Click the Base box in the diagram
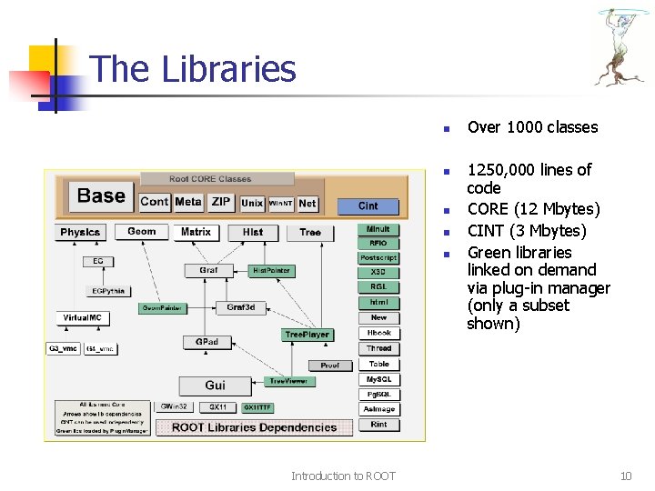point(101,196)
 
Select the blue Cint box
point(368,205)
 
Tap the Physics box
point(81,233)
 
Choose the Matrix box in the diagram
point(196,233)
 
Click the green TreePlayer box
point(307,335)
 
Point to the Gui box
point(215,385)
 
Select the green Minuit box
point(378,229)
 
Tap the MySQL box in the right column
point(378,379)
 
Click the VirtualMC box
point(83,318)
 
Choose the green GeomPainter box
point(162,308)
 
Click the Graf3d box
point(240,307)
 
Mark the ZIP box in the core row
point(221,202)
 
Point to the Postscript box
point(378,258)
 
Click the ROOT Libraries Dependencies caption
point(254,427)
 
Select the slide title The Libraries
point(193,69)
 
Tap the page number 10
point(625,476)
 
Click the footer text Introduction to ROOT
point(343,476)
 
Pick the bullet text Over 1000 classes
point(532,127)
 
